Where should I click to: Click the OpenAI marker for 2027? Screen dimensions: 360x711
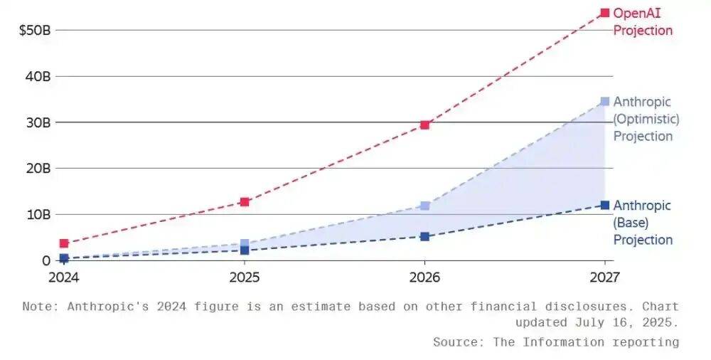604,13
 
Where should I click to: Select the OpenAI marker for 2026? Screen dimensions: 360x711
424,125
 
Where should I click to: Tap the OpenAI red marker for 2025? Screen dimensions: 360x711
244,202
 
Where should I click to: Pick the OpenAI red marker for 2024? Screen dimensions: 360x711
64,243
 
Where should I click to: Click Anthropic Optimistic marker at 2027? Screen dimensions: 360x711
604,102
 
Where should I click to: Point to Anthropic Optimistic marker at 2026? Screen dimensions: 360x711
424,206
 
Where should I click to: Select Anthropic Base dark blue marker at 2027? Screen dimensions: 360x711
604,205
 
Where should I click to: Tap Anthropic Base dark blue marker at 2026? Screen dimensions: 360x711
424,236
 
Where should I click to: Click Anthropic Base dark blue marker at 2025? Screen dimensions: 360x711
244,250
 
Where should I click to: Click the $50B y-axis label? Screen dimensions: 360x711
33,31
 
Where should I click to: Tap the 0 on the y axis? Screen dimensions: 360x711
44,260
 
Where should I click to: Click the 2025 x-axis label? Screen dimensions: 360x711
244,276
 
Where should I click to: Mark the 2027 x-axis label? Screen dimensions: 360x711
604,276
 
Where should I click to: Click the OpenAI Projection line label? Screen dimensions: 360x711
642,21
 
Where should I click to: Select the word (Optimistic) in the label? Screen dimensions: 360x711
646,119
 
